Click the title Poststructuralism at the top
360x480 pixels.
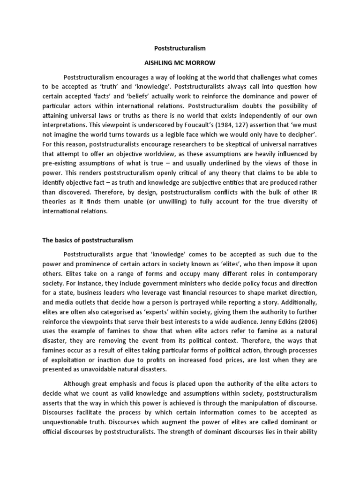click(180, 48)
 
